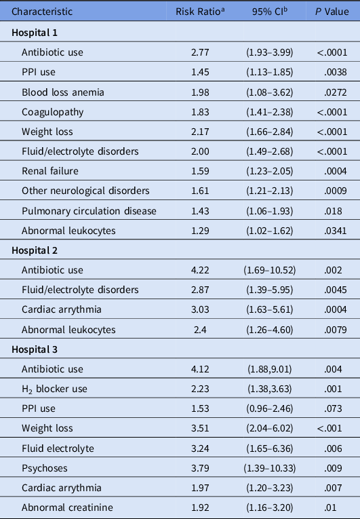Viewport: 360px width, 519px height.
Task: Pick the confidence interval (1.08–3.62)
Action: coord(262,92)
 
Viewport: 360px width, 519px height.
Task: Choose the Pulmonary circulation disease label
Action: coord(89,211)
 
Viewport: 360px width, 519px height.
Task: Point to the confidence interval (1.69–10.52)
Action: coord(262,270)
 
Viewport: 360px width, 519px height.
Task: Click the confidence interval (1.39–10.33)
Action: coord(262,469)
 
